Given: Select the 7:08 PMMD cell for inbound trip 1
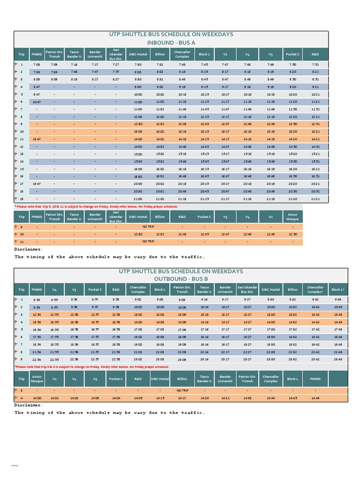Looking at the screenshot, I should coord(37,64).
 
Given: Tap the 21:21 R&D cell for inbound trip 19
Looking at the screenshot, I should coord(315,199).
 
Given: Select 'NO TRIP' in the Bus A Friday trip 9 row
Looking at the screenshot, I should coord(148,226).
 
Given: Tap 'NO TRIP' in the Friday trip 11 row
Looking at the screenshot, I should coord(148,241).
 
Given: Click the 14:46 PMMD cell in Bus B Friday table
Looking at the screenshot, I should coord(315,397).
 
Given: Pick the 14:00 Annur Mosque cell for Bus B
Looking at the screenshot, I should coord(36,397).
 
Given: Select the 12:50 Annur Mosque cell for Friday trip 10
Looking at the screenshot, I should coord(292,234).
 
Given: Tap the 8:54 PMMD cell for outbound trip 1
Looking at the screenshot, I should coord(36,299).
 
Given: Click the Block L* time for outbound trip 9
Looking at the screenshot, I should coord(338,359).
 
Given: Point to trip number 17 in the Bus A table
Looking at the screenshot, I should coord(22,184).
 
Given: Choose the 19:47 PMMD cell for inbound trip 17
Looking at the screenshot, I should coord(37,184).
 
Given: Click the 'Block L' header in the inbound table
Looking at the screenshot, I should coord(204,54).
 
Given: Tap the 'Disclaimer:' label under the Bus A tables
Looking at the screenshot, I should coord(29,249).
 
